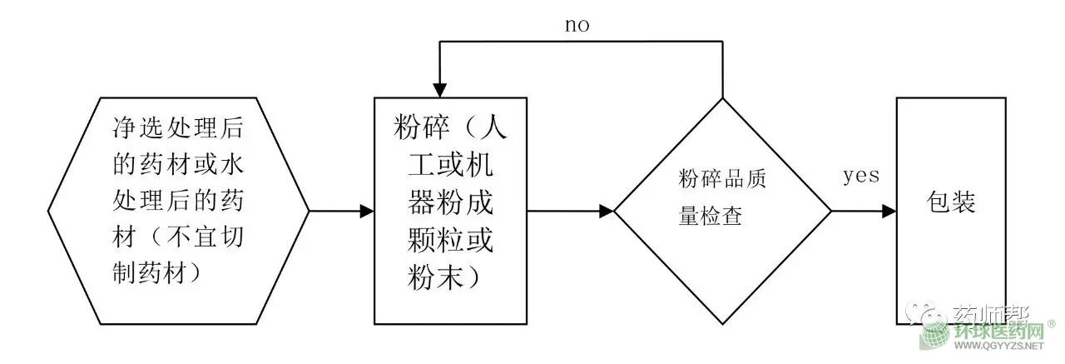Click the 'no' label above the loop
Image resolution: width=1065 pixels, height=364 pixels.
click(x=577, y=25)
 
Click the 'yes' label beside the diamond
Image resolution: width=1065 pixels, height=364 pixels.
click(x=861, y=176)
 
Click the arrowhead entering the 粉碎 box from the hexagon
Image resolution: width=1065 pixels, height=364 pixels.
click(x=367, y=212)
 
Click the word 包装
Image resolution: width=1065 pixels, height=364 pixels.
click(x=952, y=203)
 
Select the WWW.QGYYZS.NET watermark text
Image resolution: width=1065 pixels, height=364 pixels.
click(x=998, y=346)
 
